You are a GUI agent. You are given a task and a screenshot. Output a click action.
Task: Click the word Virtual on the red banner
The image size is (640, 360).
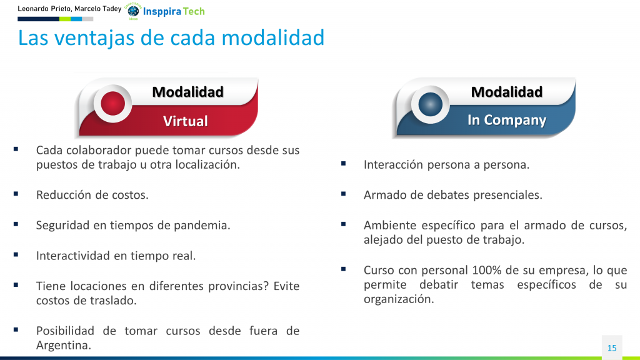point(185,121)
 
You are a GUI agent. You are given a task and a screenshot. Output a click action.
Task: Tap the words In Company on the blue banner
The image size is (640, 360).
point(506,120)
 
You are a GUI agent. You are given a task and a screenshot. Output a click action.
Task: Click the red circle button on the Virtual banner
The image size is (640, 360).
point(112,104)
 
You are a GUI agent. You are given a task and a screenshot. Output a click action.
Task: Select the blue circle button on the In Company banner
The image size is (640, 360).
point(430,104)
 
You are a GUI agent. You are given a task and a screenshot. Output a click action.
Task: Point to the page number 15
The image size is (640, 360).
point(612,348)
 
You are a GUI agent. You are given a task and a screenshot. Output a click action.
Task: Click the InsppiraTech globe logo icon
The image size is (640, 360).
point(133,11)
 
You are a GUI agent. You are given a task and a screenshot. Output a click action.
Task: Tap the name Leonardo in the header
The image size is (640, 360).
point(32,9)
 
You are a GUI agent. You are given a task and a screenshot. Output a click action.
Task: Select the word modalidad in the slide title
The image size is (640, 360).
point(273,37)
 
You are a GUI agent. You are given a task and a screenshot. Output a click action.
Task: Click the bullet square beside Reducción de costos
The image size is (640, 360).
point(16,194)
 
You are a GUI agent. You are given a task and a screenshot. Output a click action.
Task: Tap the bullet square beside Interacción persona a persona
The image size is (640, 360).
point(343,164)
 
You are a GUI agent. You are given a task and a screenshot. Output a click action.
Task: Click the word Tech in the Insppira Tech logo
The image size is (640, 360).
point(194,11)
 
